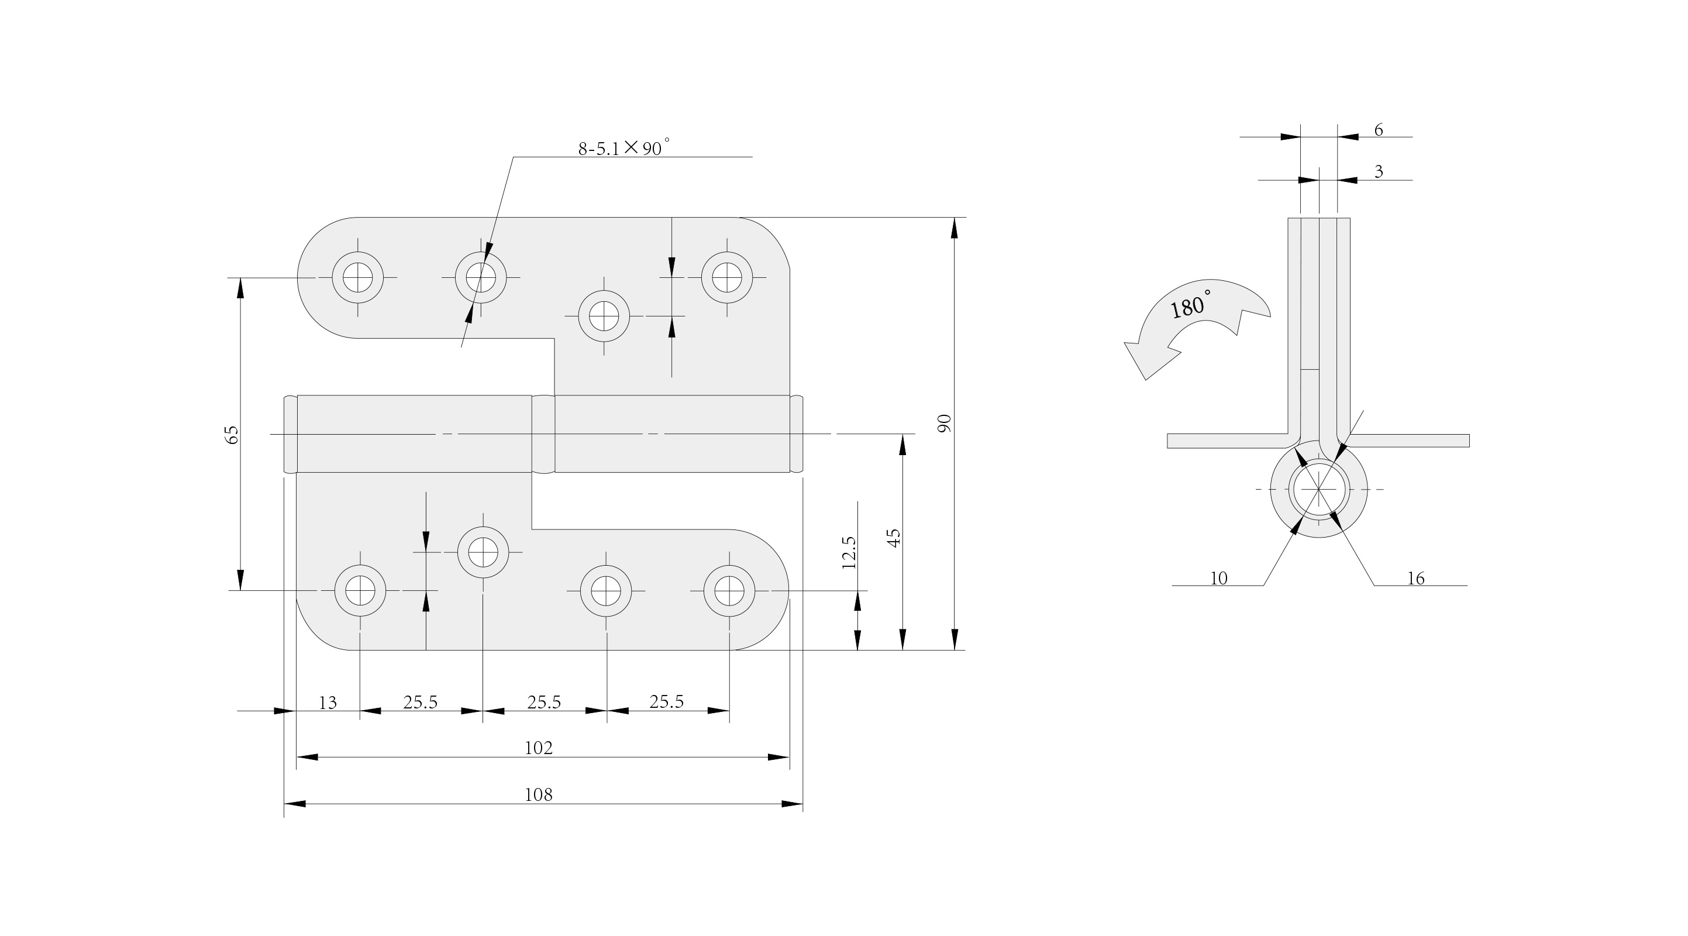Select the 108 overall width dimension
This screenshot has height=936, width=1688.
(x=539, y=795)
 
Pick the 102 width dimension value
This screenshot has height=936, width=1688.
(x=539, y=748)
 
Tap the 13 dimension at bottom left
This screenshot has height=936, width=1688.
(x=328, y=703)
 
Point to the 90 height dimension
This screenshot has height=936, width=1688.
(x=944, y=423)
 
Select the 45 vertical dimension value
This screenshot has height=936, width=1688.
(x=893, y=538)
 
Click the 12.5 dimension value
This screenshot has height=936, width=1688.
(x=849, y=552)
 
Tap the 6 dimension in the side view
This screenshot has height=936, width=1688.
(x=1378, y=130)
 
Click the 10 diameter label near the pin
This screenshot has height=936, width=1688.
(x=1218, y=578)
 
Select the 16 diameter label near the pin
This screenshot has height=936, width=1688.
(x=1415, y=578)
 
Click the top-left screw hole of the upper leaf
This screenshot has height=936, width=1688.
(x=358, y=277)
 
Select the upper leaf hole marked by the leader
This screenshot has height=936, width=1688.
(x=481, y=277)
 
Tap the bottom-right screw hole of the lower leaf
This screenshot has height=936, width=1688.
(x=729, y=591)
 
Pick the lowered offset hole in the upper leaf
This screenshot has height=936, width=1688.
(x=604, y=316)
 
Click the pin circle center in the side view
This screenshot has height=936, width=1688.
(x=1318, y=489)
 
